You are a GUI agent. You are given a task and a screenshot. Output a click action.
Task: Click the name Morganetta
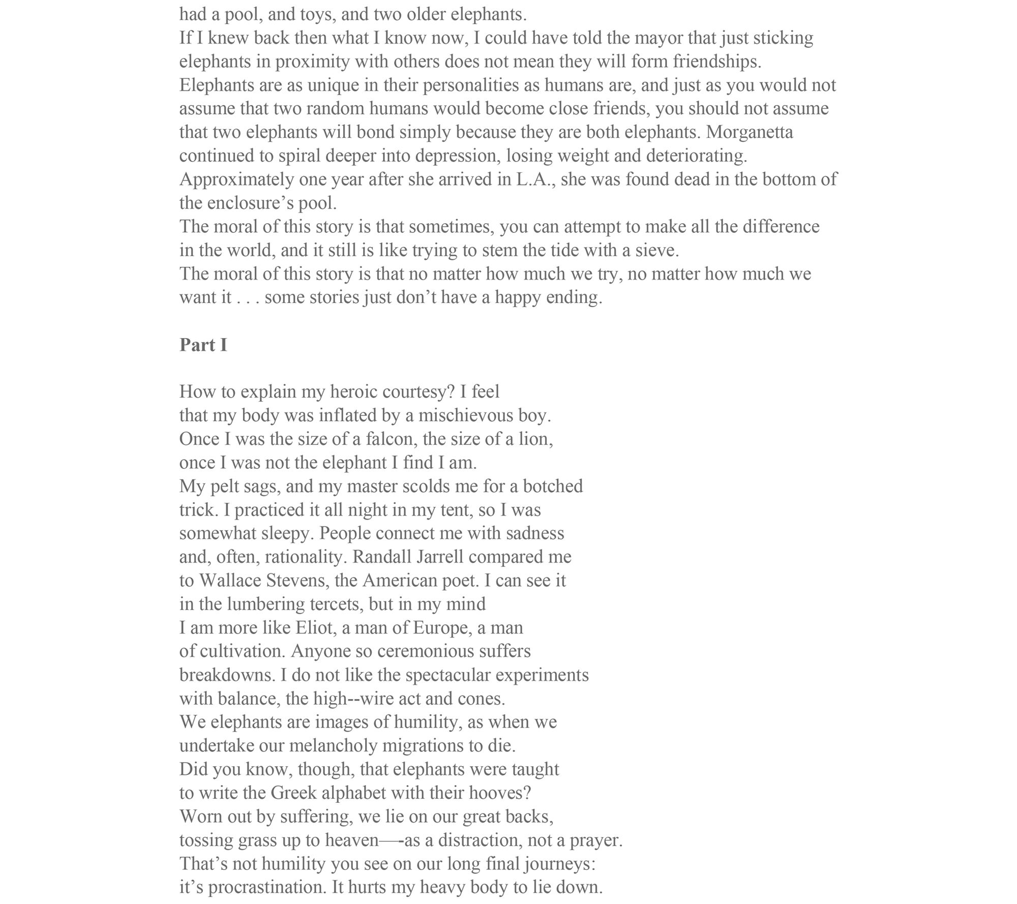[x=750, y=132]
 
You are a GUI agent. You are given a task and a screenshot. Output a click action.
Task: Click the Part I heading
[x=203, y=345]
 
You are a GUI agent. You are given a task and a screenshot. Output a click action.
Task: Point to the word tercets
[x=337, y=604]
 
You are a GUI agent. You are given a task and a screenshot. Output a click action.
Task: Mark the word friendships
[x=716, y=62]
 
